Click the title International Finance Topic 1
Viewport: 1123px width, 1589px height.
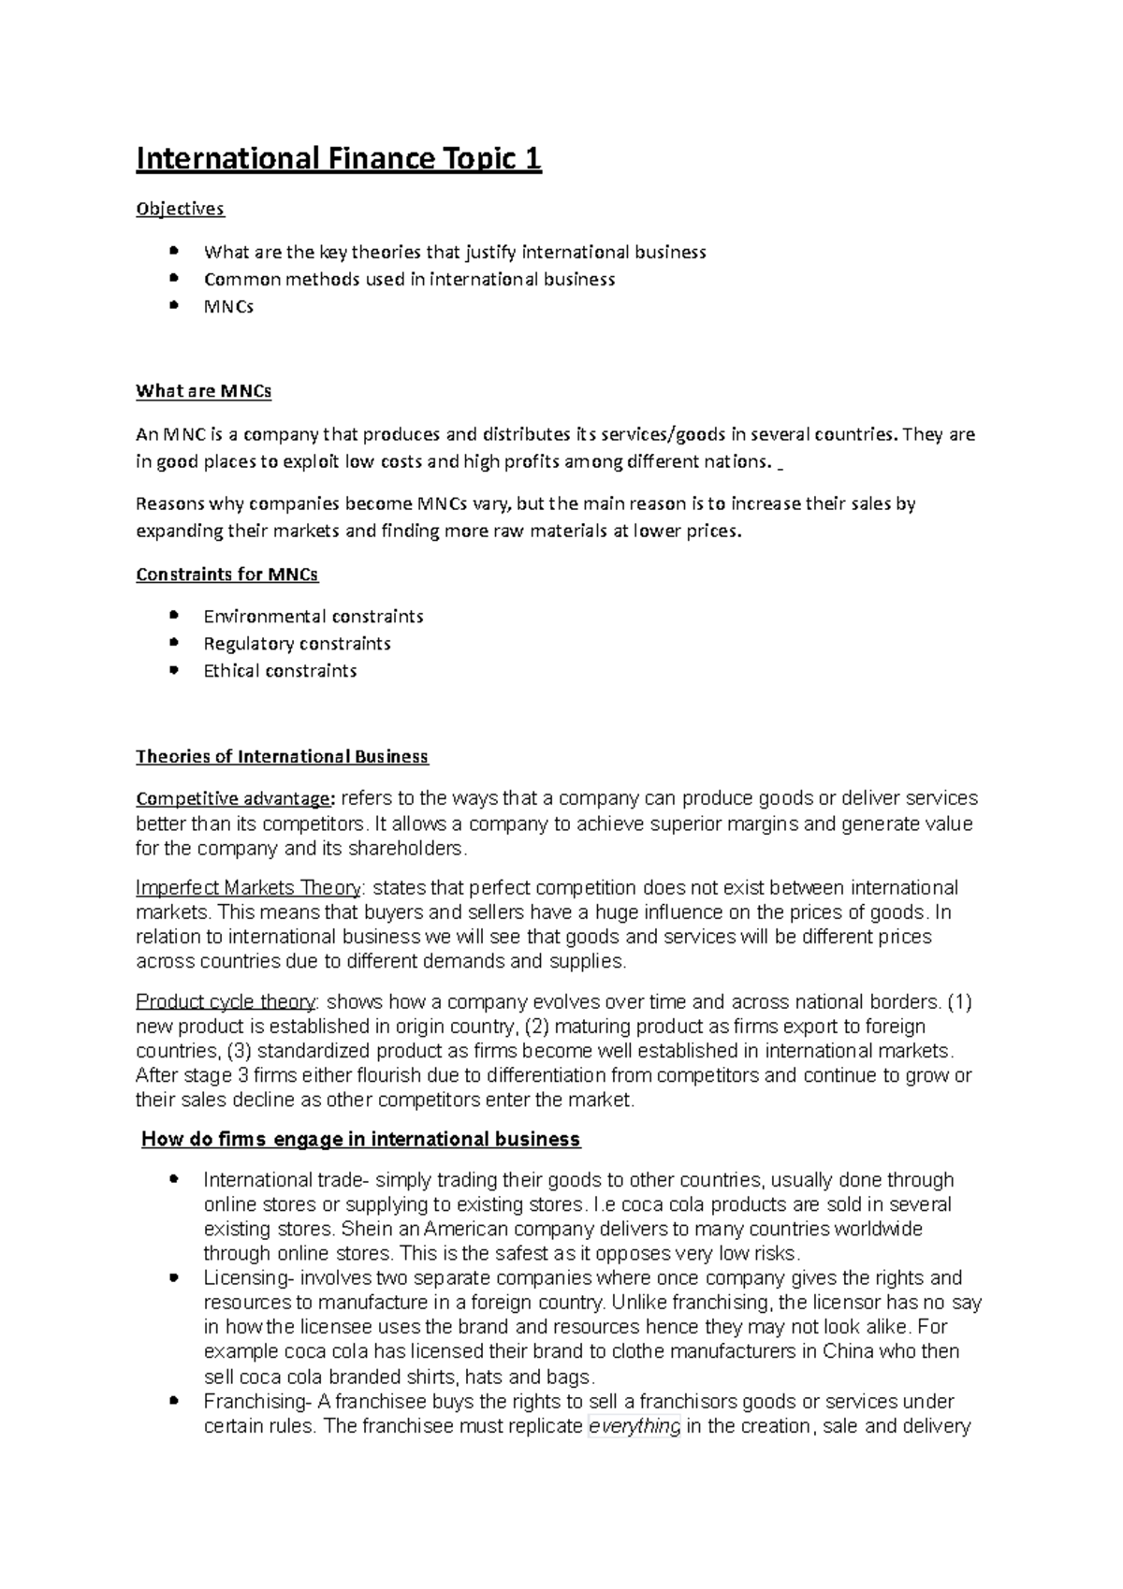coord(339,159)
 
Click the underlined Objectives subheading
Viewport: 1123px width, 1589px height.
coord(180,209)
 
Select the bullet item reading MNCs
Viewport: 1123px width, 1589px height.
coord(228,306)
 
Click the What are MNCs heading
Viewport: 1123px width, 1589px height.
coord(203,391)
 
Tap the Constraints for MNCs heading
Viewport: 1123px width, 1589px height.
coord(226,575)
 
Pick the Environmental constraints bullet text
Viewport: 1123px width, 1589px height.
coord(313,617)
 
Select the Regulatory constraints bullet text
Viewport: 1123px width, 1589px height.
coord(297,644)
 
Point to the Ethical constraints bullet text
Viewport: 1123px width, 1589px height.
coord(280,671)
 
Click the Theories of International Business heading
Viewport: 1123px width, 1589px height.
coord(282,756)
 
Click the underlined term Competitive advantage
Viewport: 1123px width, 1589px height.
coord(233,799)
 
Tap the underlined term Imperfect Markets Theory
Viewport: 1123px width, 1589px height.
coord(248,887)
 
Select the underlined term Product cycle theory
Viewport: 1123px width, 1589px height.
coord(226,1002)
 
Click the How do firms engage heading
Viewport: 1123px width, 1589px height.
coord(360,1140)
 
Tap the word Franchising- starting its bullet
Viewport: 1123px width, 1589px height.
coord(255,1402)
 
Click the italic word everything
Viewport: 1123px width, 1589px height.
coord(634,1427)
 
